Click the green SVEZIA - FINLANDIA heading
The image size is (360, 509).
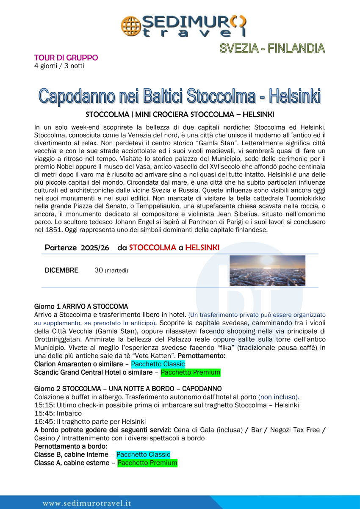(272, 48)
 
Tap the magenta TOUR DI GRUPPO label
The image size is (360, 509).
(66, 58)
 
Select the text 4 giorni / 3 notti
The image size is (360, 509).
(59, 66)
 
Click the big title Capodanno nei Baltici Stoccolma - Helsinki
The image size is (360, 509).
(180, 96)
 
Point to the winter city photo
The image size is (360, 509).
(267, 271)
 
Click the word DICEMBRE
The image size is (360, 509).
(61, 270)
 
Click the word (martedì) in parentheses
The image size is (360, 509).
(116, 271)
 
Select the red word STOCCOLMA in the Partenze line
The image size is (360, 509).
(152, 248)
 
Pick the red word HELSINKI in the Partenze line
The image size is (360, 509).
(202, 248)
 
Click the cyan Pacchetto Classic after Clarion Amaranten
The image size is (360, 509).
(158, 364)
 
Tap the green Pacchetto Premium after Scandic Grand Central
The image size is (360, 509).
(191, 373)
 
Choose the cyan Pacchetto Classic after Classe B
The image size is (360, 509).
(143, 454)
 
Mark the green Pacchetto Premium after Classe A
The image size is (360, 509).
(147, 462)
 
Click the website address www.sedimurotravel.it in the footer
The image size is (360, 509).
(86, 503)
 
